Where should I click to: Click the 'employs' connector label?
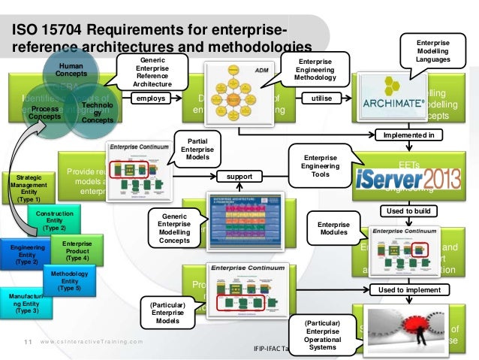click(152, 98)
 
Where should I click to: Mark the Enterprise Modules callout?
click(333, 229)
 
